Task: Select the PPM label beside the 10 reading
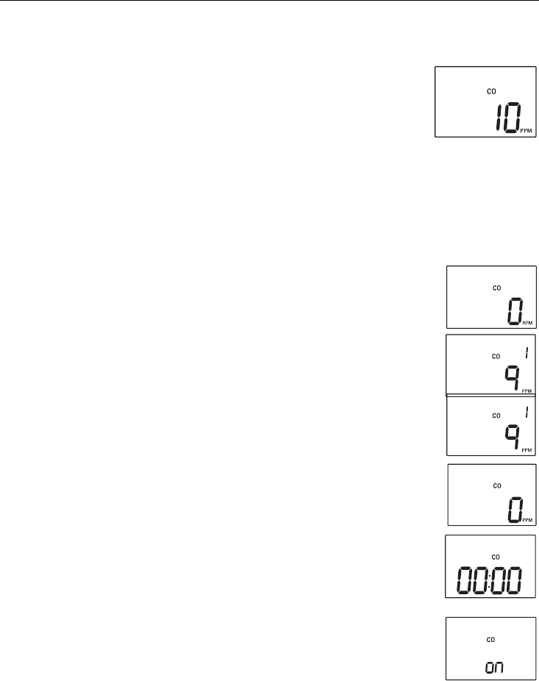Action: [527, 131]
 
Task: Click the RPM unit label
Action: [527, 321]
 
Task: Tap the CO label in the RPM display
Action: [496, 288]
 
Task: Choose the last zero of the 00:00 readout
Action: [517, 581]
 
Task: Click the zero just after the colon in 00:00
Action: [501, 581]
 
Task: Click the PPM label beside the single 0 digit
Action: [528, 521]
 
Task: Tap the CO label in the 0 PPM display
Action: [496, 485]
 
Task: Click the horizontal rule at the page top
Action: [269, 1]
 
